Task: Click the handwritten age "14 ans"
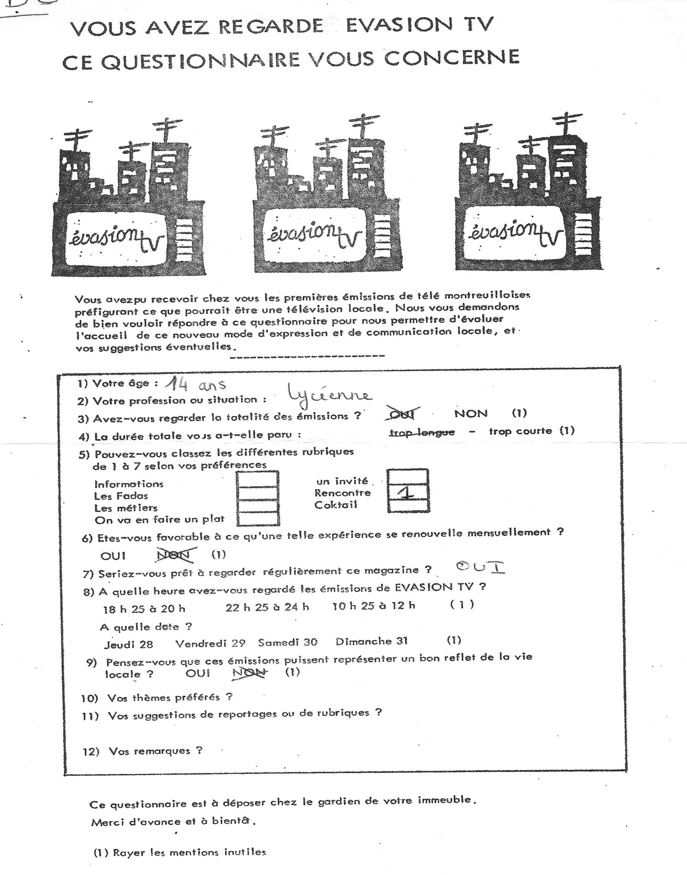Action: [196, 384]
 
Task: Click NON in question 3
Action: [471, 413]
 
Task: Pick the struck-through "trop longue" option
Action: [422, 432]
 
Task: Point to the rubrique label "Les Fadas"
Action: [121, 496]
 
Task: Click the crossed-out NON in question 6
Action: [176, 555]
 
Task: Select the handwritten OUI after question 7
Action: [480, 568]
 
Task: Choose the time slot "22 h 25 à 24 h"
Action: [267, 607]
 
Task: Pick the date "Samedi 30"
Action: [288, 642]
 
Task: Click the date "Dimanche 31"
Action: [371, 641]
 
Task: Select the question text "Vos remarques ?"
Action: [155, 751]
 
